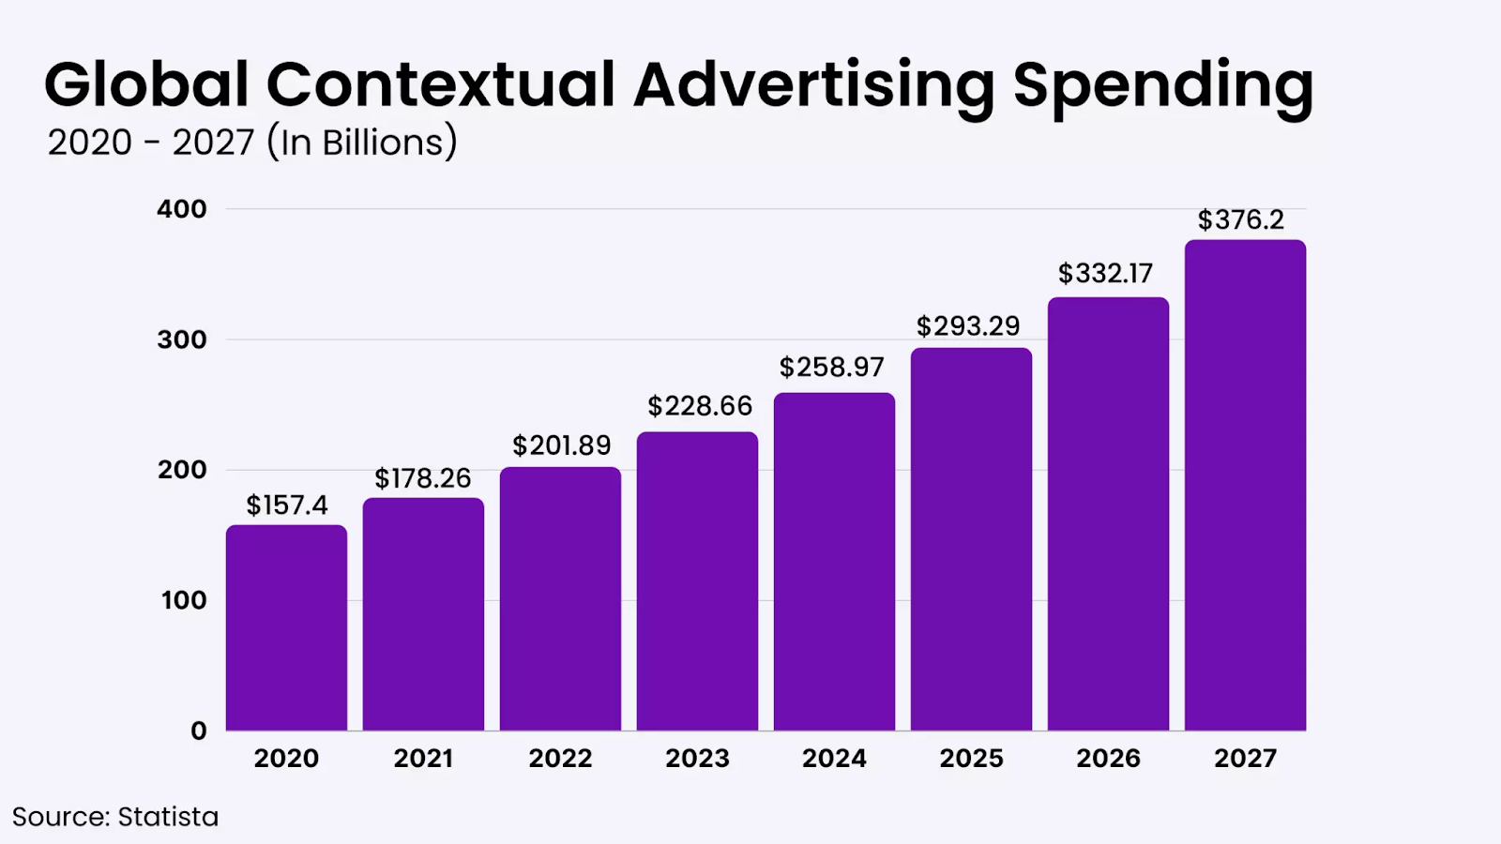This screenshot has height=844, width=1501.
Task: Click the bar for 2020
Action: (286, 627)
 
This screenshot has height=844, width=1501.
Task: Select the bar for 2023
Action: (697, 580)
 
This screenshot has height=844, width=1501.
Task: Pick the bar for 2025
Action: (971, 539)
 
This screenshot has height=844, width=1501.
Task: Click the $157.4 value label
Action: (287, 505)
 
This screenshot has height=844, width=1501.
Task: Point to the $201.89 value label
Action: (561, 445)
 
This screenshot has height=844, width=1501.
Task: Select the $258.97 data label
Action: (832, 367)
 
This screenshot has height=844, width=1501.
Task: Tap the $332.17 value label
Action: (1105, 274)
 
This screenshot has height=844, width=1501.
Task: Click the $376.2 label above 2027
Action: (1240, 219)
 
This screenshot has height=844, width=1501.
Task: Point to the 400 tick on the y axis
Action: (182, 209)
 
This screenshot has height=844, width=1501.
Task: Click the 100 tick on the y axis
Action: (183, 600)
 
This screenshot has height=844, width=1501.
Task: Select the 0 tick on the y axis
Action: (199, 731)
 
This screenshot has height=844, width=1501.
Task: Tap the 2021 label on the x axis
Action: (423, 758)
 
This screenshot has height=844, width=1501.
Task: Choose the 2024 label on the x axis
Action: (834, 758)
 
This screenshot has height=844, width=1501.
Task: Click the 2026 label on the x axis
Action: (1108, 758)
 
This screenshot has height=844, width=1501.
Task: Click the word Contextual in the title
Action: (441, 84)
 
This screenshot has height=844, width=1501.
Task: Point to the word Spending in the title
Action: (1163, 86)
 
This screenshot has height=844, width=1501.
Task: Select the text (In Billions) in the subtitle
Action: (362, 143)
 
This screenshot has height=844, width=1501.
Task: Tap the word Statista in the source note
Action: (168, 817)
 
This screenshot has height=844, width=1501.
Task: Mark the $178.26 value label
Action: (423, 478)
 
